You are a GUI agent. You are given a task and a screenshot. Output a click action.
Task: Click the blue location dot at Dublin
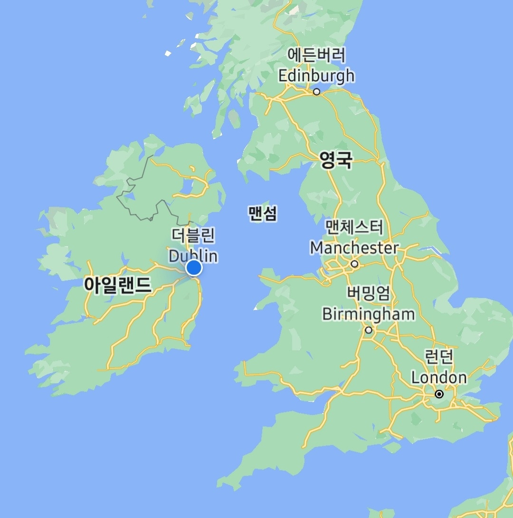click(x=194, y=268)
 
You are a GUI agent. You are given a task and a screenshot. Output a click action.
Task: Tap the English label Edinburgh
click(x=316, y=76)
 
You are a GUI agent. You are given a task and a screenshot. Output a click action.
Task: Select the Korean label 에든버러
click(x=316, y=56)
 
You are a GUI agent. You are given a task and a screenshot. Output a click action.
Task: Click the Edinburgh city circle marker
click(x=317, y=92)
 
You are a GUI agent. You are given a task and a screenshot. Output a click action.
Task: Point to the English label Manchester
click(x=354, y=248)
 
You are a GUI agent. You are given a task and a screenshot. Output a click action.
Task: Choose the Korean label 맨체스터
click(x=354, y=227)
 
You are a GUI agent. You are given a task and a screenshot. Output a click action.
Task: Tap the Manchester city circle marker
click(x=354, y=264)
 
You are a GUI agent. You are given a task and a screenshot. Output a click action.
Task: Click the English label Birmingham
click(x=368, y=314)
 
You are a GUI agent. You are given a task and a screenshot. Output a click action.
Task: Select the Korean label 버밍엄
click(x=368, y=293)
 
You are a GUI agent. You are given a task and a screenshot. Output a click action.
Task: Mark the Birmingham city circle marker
click(x=369, y=330)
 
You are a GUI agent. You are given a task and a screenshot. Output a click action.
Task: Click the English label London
click(x=439, y=378)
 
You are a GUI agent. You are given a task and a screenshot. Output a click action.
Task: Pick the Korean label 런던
click(x=439, y=356)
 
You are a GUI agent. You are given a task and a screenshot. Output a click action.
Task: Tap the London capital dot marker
click(x=439, y=394)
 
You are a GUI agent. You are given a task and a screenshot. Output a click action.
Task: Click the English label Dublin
click(x=193, y=256)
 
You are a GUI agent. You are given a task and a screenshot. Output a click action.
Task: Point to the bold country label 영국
click(x=336, y=161)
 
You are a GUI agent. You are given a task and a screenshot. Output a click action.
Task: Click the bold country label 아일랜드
click(x=118, y=285)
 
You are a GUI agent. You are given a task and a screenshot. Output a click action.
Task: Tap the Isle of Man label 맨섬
click(x=262, y=213)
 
